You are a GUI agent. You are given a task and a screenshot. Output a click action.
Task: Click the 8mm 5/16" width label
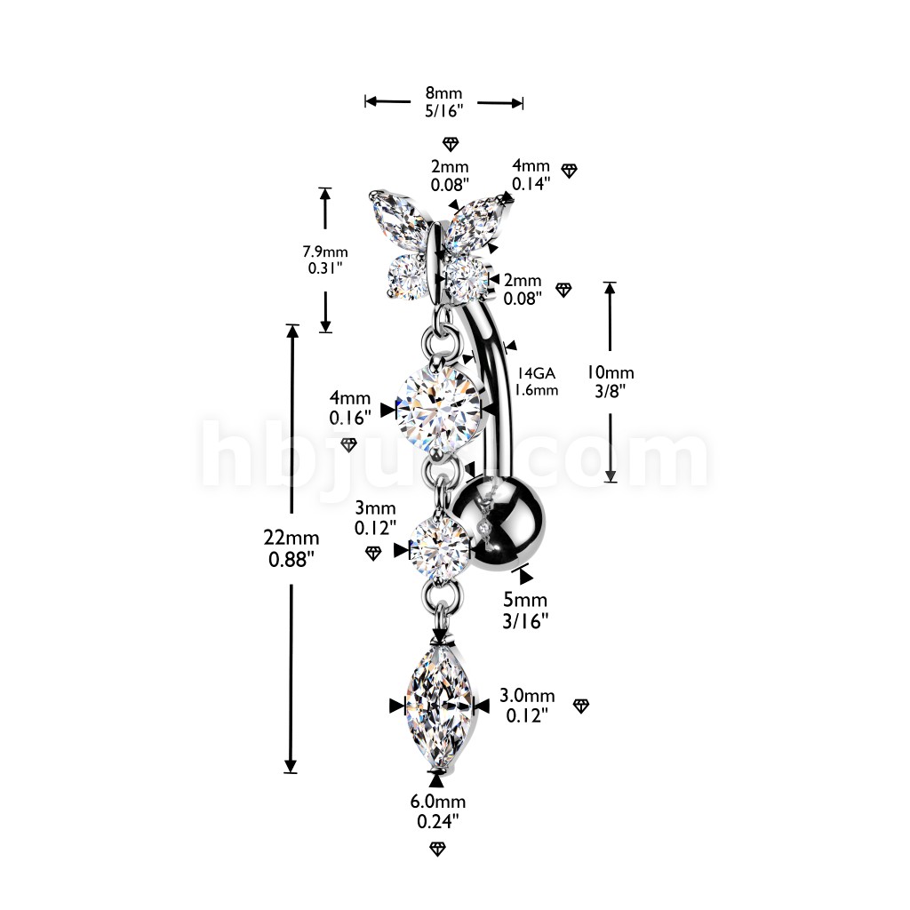coord(443,102)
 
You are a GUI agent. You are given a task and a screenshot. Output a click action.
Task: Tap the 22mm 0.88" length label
coord(291,548)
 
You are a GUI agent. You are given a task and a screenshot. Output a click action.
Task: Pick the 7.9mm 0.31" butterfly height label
coord(324,259)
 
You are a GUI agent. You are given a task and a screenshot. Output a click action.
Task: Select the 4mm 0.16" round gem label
coord(349,410)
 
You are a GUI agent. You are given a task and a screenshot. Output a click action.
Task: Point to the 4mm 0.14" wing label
coord(531,174)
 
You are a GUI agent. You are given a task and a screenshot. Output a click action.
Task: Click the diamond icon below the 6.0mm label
coord(436,849)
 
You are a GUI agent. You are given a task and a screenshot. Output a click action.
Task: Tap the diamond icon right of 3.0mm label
coord(581,706)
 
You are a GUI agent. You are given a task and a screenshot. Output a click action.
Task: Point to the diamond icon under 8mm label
coord(451,144)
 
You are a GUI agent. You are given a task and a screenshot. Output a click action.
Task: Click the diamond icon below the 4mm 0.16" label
coord(349,443)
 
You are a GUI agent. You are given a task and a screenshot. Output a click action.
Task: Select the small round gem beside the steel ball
coord(439,548)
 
